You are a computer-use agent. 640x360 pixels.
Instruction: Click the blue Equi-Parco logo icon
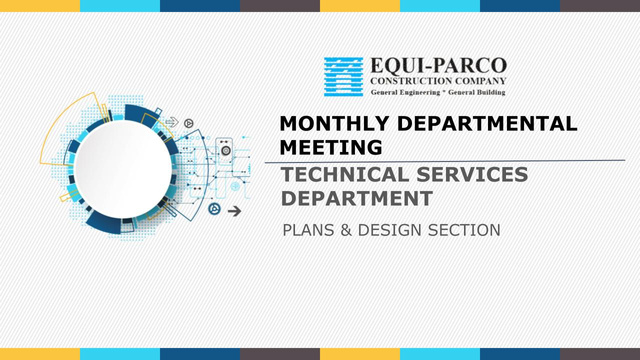coord(343,77)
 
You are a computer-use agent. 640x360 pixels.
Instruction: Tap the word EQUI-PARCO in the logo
coord(439,66)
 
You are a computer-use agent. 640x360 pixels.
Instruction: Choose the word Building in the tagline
coord(491,92)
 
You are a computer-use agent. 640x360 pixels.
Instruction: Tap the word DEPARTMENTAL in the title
coord(487,123)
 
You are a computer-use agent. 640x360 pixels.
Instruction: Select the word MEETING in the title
coord(331,147)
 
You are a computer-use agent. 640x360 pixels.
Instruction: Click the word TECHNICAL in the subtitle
coord(345,174)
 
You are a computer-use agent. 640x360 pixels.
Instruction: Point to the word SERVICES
coord(472,174)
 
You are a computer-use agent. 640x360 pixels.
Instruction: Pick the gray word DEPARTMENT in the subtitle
coord(357,198)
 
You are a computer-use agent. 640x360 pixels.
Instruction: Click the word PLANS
coord(309,230)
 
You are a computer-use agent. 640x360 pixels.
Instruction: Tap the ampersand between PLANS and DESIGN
coord(346,230)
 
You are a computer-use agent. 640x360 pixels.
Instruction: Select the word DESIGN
coord(390,230)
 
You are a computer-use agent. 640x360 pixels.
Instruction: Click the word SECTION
coord(464,230)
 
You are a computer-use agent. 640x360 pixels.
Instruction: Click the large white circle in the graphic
coord(123,169)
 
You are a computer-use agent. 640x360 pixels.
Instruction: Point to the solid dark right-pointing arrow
coord(234,211)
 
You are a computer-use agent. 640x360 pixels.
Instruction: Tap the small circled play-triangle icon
coord(189,123)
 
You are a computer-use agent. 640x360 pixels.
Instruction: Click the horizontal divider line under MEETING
coord(445,161)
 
